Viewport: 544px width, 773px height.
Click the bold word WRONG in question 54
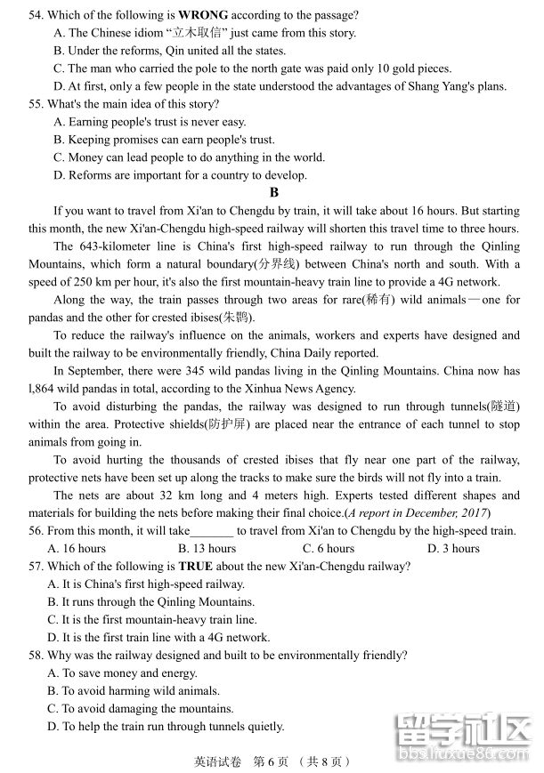pos(203,15)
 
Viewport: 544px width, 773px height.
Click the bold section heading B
pos(274,192)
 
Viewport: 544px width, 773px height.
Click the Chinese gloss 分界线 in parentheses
pos(277,264)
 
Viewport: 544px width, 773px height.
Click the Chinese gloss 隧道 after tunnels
pos(503,407)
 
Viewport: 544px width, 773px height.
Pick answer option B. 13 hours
pos(207,549)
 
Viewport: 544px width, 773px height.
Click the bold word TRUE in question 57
pos(196,567)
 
